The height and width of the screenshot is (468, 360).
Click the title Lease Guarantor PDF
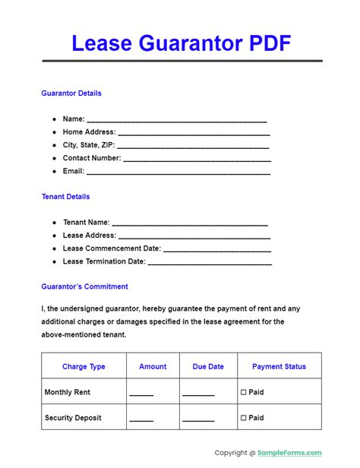pyautogui.click(x=181, y=43)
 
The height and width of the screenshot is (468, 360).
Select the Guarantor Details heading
pyautogui.click(x=71, y=93)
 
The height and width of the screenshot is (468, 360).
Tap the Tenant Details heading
pyautogui.click(x=65, y=197)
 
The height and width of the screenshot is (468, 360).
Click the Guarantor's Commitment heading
pyautogui.click(x=84, y=286)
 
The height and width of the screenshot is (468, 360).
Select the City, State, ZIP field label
pyautogui.click(x=88, y=145)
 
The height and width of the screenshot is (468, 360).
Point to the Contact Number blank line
pyautogui.click(x=197, y=160)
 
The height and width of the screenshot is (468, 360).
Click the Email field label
pyautogui.click(x=74, y=171)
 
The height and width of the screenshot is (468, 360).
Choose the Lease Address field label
pyautogui.click(x=89, y=236)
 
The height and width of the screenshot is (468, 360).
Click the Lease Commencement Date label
pyautogui.click(x=112, y=248)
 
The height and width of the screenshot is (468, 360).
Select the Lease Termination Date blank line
pyautogui.click(x=210, y=263)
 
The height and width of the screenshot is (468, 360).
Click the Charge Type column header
pyautogui.click(x=84, y=366)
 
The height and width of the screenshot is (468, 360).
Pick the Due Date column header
pyautogui.click(x=208, y=366)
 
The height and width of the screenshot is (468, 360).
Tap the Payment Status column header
pyautogui.click(x=279, y=366)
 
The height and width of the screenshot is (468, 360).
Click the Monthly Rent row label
pyautogui.click(x=68, y=392)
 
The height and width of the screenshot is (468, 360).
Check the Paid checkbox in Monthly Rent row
pyautogui.click(x=244, y=392)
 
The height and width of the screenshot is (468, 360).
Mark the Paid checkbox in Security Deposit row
pyautogui.click(x=244, y=418)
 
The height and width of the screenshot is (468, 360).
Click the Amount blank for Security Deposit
pyautogui.click(x=141, y=419)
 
